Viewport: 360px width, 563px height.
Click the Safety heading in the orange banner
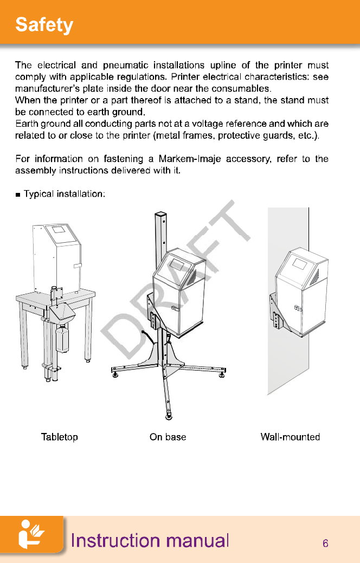click(x=44, y=25)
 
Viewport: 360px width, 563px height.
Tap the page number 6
click(x=325, y=543)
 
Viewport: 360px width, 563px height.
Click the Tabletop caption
click(x=60, y=437)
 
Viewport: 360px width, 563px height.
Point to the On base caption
click(x=168, y=437)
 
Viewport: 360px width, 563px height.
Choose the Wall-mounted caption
click(x=290, y=437)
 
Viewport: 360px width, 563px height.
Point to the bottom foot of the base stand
click(x=169, y=416)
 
